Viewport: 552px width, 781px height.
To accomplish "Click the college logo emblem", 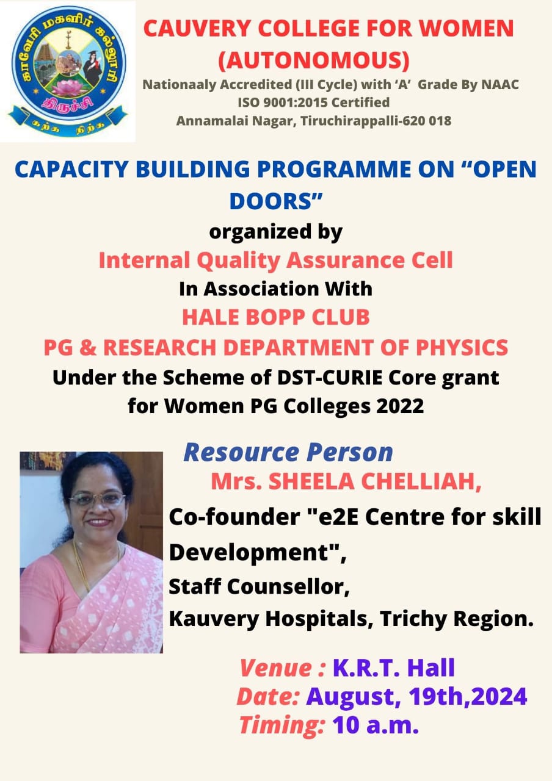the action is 68,71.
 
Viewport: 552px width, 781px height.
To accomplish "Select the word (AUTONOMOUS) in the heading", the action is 314,60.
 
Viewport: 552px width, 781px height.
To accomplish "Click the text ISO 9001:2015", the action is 283,103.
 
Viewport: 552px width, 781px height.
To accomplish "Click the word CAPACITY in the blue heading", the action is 72,170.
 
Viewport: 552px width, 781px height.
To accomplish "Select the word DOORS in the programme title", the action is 271,201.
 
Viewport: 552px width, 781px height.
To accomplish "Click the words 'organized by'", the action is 275,232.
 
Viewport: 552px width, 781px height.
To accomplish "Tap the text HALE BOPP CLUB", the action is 275,317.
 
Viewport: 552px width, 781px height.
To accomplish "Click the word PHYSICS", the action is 462,348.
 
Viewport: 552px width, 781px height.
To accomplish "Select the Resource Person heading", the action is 288,453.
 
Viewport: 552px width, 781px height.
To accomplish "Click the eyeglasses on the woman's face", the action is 97,500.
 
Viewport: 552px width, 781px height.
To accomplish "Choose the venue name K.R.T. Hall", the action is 394,668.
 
